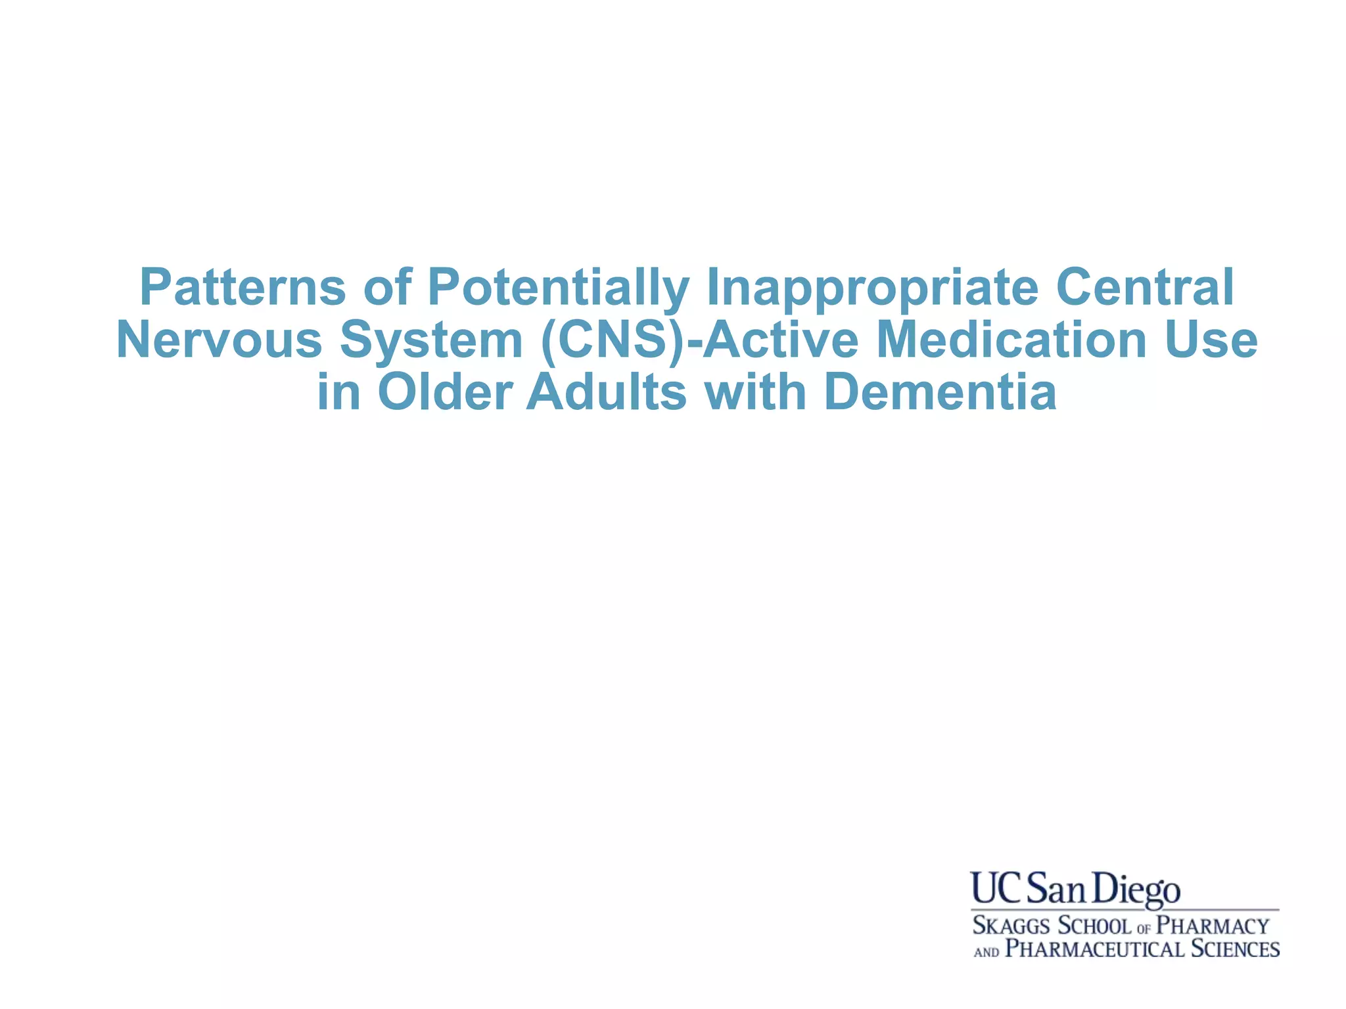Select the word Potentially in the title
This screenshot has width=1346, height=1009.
coord(559,288)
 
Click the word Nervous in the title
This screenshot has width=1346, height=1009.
coord(219,340)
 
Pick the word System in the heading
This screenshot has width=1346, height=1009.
coord(430,340)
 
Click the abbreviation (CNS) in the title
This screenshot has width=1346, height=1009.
coord(615,340)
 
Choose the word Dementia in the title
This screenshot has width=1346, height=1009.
coord(940,393)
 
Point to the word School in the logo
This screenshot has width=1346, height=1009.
coord(1094,926)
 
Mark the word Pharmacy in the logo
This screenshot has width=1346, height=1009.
coord(1213,926)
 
